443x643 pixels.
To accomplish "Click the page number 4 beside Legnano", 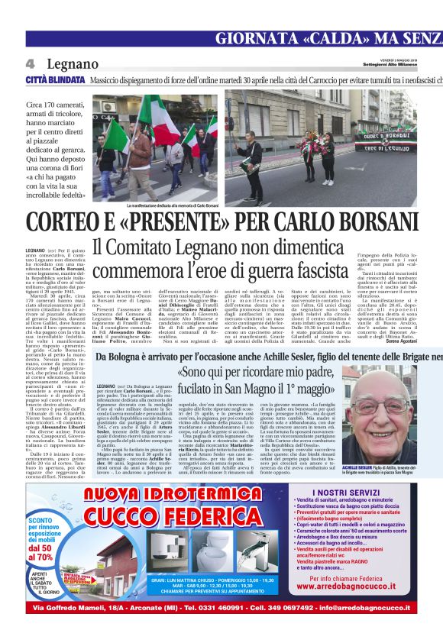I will [31, 63].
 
